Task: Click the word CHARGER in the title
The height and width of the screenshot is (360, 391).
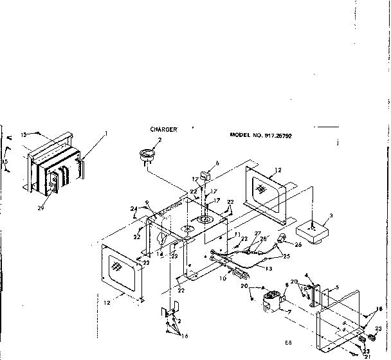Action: point(163,129)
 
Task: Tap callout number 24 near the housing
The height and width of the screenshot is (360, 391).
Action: point(134,208)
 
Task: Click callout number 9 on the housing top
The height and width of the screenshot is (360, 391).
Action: point(147,203)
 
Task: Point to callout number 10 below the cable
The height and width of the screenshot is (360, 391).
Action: point(222,279)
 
